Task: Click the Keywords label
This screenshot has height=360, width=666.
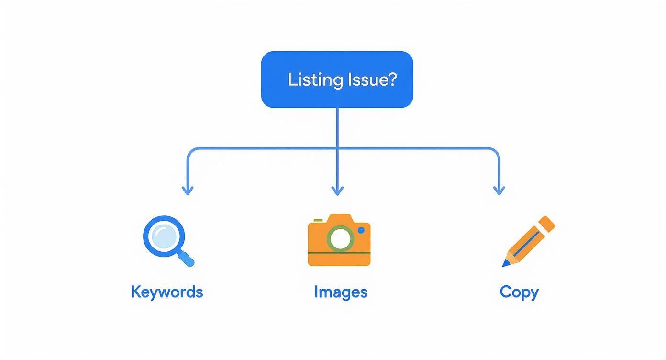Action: point(167,292)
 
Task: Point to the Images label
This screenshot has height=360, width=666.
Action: point(341,292)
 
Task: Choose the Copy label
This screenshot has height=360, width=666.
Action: point(519,292)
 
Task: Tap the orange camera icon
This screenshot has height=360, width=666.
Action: point(339,240)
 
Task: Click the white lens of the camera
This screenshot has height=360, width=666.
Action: point(340,239)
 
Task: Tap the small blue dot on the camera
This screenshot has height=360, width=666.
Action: point(361,230)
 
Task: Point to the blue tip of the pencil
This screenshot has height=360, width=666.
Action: point(505,263)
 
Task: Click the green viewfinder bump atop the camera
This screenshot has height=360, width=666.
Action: point(316,221)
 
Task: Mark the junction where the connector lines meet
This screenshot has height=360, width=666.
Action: point(337,149)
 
